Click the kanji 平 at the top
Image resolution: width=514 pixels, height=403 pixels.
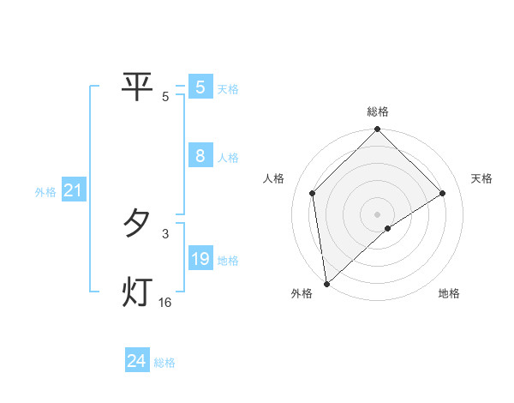pyautogui.click(x=137, y=86)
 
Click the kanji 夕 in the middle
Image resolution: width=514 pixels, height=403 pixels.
pyautogui.click(x=137, y=224)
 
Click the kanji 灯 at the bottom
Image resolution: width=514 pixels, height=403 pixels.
pyautogui.click(x=137, y=292)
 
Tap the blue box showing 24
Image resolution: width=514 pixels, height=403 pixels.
pyautogui.click(x=137, y=362)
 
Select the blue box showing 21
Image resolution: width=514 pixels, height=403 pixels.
pyautogui.click(x=73, y=191)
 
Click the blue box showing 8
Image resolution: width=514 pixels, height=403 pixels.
pyautogui.click(x=200, y=157)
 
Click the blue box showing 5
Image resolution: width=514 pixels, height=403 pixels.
pyautogui.click(x=200, y=87)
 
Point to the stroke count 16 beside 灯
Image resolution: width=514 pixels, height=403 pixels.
pyautogui.click(x=165, y=303)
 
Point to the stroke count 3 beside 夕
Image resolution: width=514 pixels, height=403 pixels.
pyautogui.click(x=165, y=233)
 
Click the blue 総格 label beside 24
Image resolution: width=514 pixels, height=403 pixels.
pyautogui.click(x=164, y=363)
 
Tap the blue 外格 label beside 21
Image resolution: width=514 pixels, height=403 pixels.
pyautogui.click(x=45, y=192)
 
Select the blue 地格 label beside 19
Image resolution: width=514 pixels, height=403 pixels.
pyautogui.click(x=228, y=261)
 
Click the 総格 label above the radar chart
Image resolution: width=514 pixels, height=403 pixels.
pyautogui.click(x=378, y=111)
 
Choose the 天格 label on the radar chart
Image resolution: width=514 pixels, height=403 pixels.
pyautogui.click(x=482, y=178)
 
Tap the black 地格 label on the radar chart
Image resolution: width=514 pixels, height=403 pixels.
pyautogui.click(x=449, y=294)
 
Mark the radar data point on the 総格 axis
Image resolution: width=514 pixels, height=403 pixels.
pyautogui.click(x=378, y=129)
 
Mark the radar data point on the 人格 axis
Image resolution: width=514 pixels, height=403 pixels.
pyautogui.click(x=313, y=193)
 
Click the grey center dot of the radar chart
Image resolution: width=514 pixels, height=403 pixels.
pyautogui.click(x=378, y=214)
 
